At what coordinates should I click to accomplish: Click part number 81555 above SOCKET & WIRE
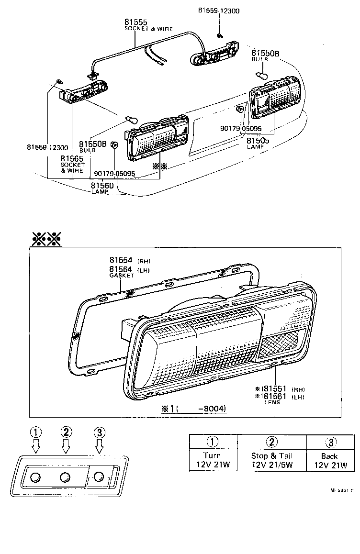136,22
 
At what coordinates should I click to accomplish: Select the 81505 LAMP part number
258,141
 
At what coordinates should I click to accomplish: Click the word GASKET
121,276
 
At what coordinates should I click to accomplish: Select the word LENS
272,402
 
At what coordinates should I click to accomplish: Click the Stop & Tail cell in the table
271,460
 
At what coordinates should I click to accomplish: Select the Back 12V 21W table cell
330,460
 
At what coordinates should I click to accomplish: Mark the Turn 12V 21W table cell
212,460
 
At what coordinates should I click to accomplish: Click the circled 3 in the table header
331,442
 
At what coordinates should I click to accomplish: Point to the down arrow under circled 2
67,446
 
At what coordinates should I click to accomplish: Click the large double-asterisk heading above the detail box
46,238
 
